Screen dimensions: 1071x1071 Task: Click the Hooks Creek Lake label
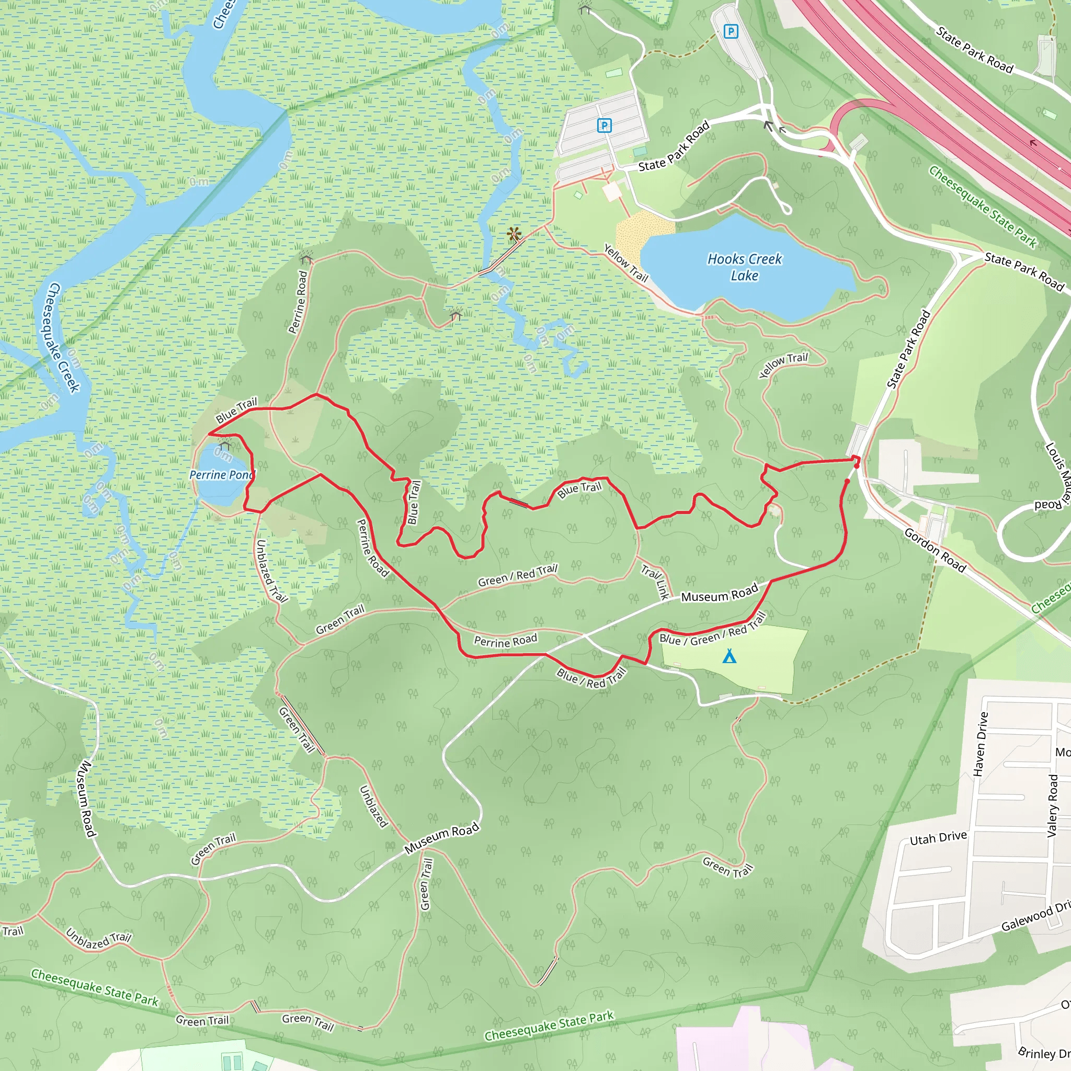(744, 267)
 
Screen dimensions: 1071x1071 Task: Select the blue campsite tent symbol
(730, 656)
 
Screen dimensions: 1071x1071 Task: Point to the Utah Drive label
(938, 838)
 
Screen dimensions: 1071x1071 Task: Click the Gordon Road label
(935, 550)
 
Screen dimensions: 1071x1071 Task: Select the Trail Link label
(656, 581)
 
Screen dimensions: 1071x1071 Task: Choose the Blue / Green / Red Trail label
(712, 631)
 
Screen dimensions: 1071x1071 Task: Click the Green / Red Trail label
(517, 575)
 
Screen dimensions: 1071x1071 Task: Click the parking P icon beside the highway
(731, 31)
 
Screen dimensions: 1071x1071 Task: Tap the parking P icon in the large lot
(603, 126)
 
